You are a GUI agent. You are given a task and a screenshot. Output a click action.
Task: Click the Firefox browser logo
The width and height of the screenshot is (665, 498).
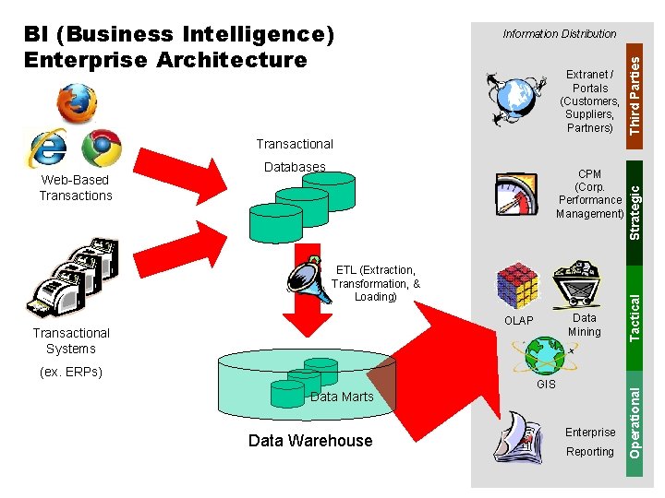tap(77, 103)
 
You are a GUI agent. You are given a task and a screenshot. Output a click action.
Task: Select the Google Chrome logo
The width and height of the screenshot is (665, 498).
tap(101, 148)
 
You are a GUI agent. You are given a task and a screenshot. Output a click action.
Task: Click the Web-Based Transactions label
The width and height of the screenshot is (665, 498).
tap(76, 188)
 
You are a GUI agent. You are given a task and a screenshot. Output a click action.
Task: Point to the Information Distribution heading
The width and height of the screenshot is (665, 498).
tap(559, 34)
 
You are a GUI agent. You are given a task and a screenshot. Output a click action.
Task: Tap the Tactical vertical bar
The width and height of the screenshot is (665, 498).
tap(635, 314)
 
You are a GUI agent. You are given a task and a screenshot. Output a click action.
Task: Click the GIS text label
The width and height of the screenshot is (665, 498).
tap(546, 384)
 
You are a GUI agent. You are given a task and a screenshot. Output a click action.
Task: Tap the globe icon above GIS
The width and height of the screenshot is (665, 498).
tap(546, 354)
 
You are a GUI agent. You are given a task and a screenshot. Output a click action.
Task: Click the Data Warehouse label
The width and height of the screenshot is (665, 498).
tap(310, 441)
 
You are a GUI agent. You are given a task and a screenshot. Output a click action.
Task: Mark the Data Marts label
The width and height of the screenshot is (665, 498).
tap(342, 397)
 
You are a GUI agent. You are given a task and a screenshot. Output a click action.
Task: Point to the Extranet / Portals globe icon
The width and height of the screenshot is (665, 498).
tap(514, 96)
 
